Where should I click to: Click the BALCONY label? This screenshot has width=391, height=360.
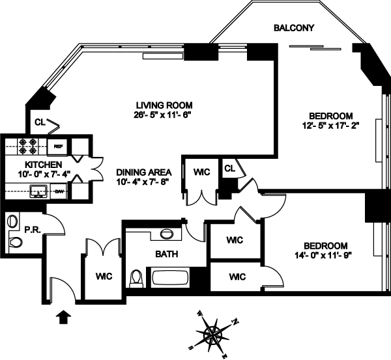click(295, 28)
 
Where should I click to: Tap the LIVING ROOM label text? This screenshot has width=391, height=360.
click(164, 105)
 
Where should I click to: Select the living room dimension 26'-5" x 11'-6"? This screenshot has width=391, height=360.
click(164, 115)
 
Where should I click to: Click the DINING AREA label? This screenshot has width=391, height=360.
click(144, 172)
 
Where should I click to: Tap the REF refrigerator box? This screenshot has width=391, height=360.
click(58, 146)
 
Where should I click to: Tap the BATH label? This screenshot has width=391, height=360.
click(166, 254)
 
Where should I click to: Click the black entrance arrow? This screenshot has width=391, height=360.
click(64, 317)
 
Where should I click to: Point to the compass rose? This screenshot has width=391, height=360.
click(214, 333)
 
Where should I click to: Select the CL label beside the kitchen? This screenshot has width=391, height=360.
click(39, 121)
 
